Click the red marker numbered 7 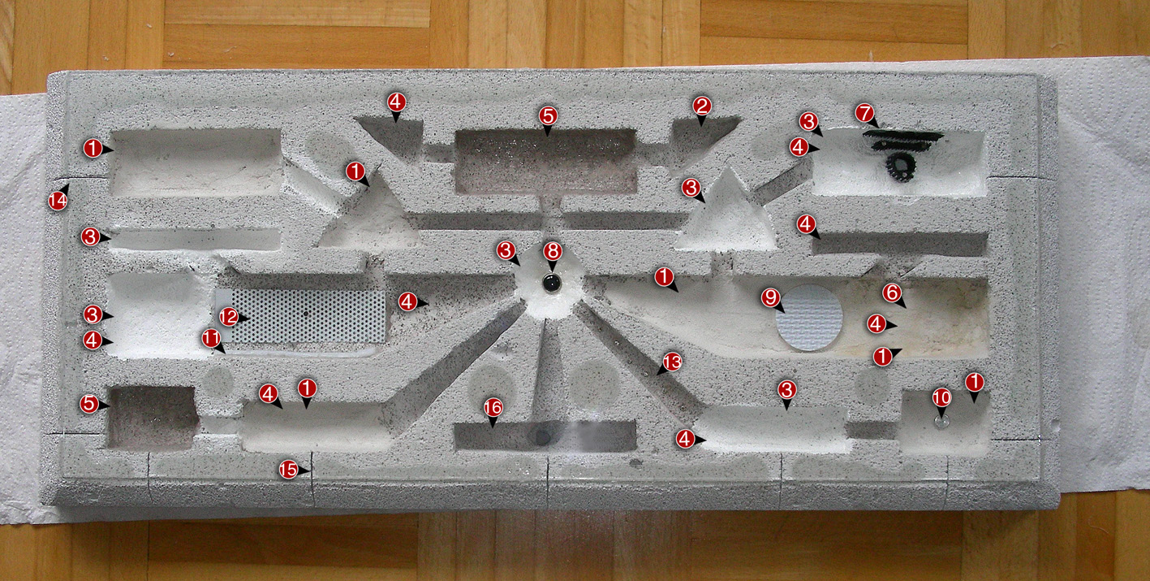(864, 113)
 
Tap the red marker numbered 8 (553, 251)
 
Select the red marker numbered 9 (771, 297)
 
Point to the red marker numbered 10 (941, 397)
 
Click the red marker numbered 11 (211, 338)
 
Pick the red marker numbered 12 (229, 317)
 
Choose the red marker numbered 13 (671, 362)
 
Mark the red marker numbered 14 (58, 200)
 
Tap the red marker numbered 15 (288, 469)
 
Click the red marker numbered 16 (493, 408)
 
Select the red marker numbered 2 (701, 106)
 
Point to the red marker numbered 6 (892, 293)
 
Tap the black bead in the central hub (552, 283)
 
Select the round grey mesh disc (809, 317)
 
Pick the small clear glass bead (941, 422)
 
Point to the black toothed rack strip (903, 140)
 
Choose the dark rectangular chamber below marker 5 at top (545, 161)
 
